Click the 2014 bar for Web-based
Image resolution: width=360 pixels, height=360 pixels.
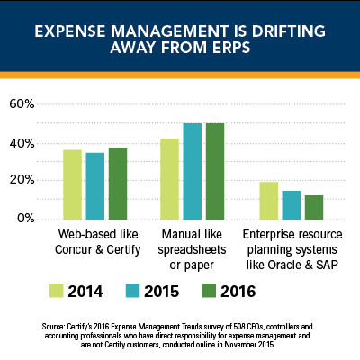coord(73,184)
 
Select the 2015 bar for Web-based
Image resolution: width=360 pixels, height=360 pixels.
coord(95,186)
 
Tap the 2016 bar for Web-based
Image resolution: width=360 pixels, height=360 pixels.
coord(118,184)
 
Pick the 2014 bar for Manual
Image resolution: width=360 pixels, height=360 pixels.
coord(170,179)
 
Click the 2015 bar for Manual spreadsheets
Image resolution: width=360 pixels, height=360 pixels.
coord(193,172)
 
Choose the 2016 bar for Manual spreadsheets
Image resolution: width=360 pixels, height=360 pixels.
coord(215,172)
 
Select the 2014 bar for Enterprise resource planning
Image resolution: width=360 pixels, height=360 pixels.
coord(269,201)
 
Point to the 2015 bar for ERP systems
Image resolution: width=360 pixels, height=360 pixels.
coord(292,205)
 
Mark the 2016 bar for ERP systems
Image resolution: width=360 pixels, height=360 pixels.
coord(314,208)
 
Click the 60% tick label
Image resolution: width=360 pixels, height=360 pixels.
coord(22,104)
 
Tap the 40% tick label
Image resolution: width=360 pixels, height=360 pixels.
coord(22,144)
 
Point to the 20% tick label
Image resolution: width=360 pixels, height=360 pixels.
coord(22,181)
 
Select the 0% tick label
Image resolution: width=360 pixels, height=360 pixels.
coord(26,218)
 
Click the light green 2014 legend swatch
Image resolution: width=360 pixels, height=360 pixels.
coord(57,291)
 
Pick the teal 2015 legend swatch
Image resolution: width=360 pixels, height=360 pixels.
coord(133,291)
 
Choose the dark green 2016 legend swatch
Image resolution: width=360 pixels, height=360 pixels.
coord(209,291)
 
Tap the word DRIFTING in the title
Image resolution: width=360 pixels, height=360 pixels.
coord(289,31)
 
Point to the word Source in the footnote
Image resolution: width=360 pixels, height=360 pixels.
coord(52,327)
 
